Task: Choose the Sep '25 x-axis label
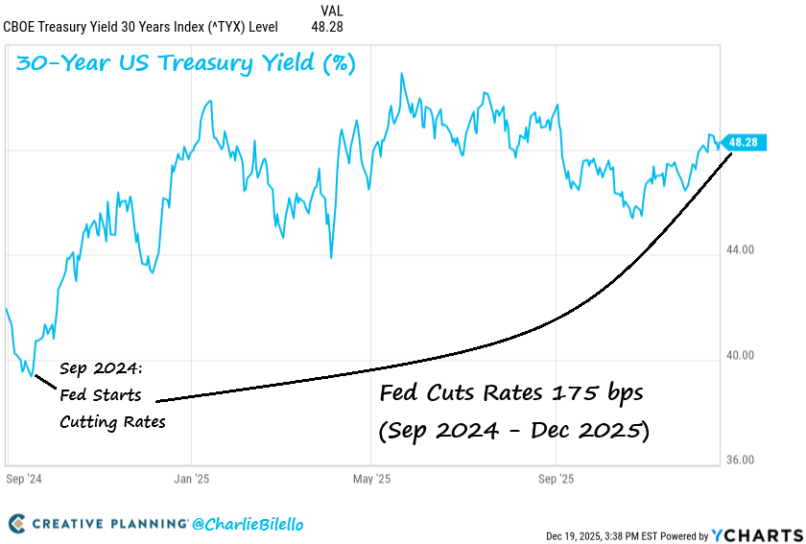tap(556, 478)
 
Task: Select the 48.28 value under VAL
tap(327, 27)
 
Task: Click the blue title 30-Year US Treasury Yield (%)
tap(186, 64)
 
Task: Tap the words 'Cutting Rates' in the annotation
tap(112, 421)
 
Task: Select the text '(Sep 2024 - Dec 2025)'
tap(513, 431)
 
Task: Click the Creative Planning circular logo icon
tap(17, 524)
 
